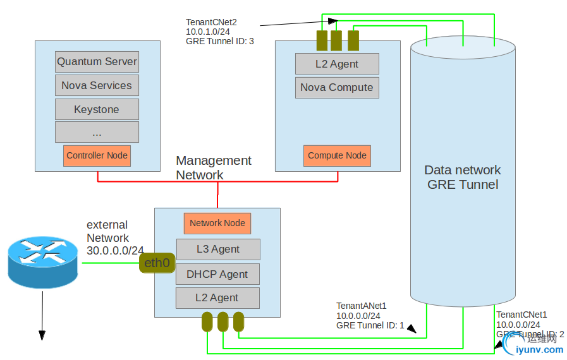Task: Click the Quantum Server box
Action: (x=97, y=62)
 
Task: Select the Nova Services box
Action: (x=97, y=85)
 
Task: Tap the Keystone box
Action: (x=97, y=109)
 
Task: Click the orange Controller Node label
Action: (x=97, y=155)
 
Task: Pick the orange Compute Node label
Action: (x=337, y=155)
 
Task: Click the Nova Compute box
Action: (x=337, y=88)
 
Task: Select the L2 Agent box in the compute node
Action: (x=337, y=64)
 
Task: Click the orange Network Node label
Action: (x=217, y=223)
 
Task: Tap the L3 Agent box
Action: (x=217, y=249)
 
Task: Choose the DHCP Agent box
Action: (x=217, y=274)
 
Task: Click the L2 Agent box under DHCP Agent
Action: (x=217, y=297)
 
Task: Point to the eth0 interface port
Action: (x=156, y=263)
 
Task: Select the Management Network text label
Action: (x=213, y=167)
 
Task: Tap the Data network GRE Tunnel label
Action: (x=462, y=177)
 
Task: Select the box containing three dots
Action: (x=97, y=132)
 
